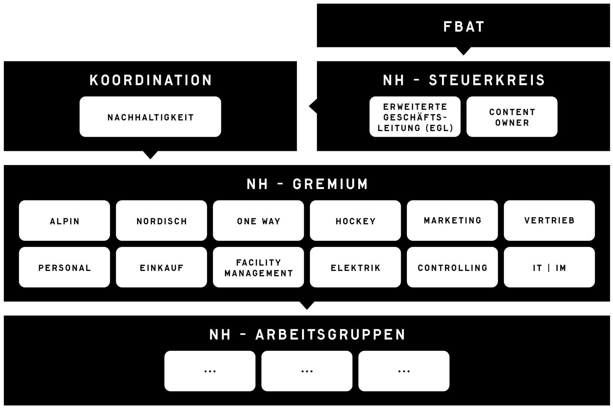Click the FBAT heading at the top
pyautogui.click(x=464, y=26)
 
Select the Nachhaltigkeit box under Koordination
pyautogui.click(x=150, y=117)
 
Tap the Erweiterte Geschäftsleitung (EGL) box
pyautogui.click(x=415, y=117)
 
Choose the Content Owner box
pyautogui.click(x=512, y=117)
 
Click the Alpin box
pyautogui.click(x=64, y=221)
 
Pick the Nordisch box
pyautogui.click(x=161, y=221)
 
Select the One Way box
pyautogui.click(x=258, y=221)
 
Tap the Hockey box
pyautogui.click(x=355, y=221)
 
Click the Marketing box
pyautogui.click(x=452, y=221)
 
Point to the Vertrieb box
pyautogui.click(x=549, y=221)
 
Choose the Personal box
pyautogui.click(x=64, y=267)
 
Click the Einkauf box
pyautogui.click(x=161, y=267)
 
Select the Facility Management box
pyautogui.click(x=258, y=267)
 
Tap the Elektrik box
pyautogui.click(x=355, y=267)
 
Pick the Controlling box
pyautogui.click(x=452, y=267)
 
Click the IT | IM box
pyautogui.click(x=549, y=267)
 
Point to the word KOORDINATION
pyautogui.click(x=150, y=80)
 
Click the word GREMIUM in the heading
pyautogui.click(x=330, y=184)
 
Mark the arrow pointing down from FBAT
pyautogui.click(x=463, y=51)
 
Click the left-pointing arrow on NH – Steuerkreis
pyautogui.click(x=313, y=106)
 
